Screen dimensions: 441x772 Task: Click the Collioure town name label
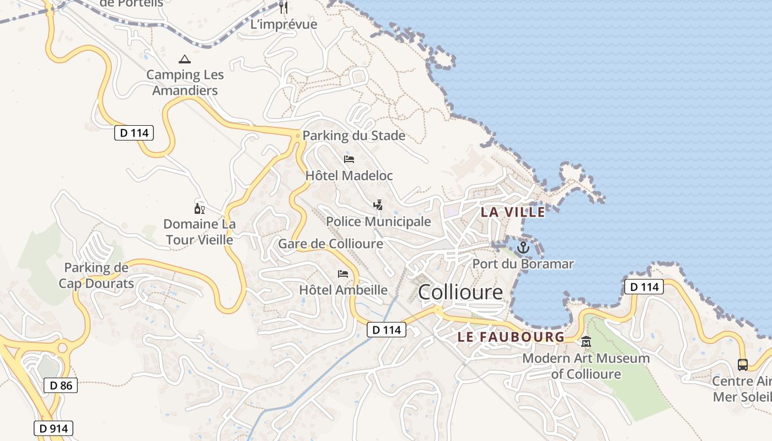[x=460, y=292]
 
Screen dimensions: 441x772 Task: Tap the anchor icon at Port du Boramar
[x=523, y=248]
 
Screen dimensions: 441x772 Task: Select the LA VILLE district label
[x=513, y=212]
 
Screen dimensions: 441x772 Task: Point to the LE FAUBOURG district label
[x=511, y=336]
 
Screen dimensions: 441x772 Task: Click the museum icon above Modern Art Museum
[x=586, y=342]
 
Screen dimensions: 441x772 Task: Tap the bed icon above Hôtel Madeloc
[x=349, y=159]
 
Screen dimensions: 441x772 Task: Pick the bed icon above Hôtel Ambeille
[x=343, y=273]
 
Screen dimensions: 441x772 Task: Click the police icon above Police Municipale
[x=378, y=205]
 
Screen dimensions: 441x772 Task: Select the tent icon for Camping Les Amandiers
[x=185, y=59]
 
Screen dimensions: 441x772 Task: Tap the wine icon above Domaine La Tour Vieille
[x=199, y=208]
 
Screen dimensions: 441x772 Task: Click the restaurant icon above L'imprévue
[x=283, y=8]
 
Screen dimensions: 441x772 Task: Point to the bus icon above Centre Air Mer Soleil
[x=743, y=364]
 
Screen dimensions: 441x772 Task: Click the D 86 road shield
[x=61, y=385]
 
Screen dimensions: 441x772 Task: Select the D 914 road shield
[x=53, y=428]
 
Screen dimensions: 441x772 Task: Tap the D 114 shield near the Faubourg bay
[x=644, y=287]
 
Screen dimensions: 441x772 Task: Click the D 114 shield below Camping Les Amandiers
[x=134, y=133]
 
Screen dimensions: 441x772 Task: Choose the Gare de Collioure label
[x=330, y=244]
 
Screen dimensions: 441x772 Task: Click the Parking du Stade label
[x=354, y=136]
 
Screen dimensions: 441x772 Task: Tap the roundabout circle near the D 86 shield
[x=62, y=348]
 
